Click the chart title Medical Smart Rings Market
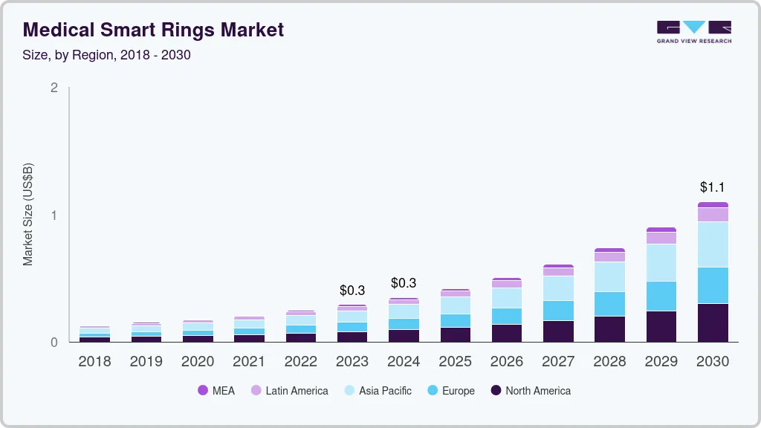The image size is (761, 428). [x=153, y=30]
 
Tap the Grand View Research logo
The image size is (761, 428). [x=693, y=32]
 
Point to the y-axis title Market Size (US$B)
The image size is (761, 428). [x=28, y=215]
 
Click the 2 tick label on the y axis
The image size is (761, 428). [x=54, y=88]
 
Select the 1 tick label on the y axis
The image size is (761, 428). [x=54, y=215]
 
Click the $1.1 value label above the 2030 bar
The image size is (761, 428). [x=713, y=187]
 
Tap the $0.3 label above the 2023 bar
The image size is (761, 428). [x=352, y=290]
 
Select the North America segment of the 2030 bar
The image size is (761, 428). [x=713, y=322]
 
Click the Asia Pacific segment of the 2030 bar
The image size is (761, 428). [x=713, y=244]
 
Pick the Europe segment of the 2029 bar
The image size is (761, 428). [x=661, y=296]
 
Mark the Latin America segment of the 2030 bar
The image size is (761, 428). [x=713, y=214]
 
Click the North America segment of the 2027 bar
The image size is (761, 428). [x=558, y=331]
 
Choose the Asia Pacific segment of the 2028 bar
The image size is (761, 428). [x=609, y=276]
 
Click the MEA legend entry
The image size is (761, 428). [x=216, y=390]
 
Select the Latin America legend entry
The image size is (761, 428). [x=289, y=390]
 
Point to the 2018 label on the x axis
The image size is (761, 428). [x=94, y=362]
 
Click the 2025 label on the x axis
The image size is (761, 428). [x=455, y=362]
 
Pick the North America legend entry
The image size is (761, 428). [x=530, y=390]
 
